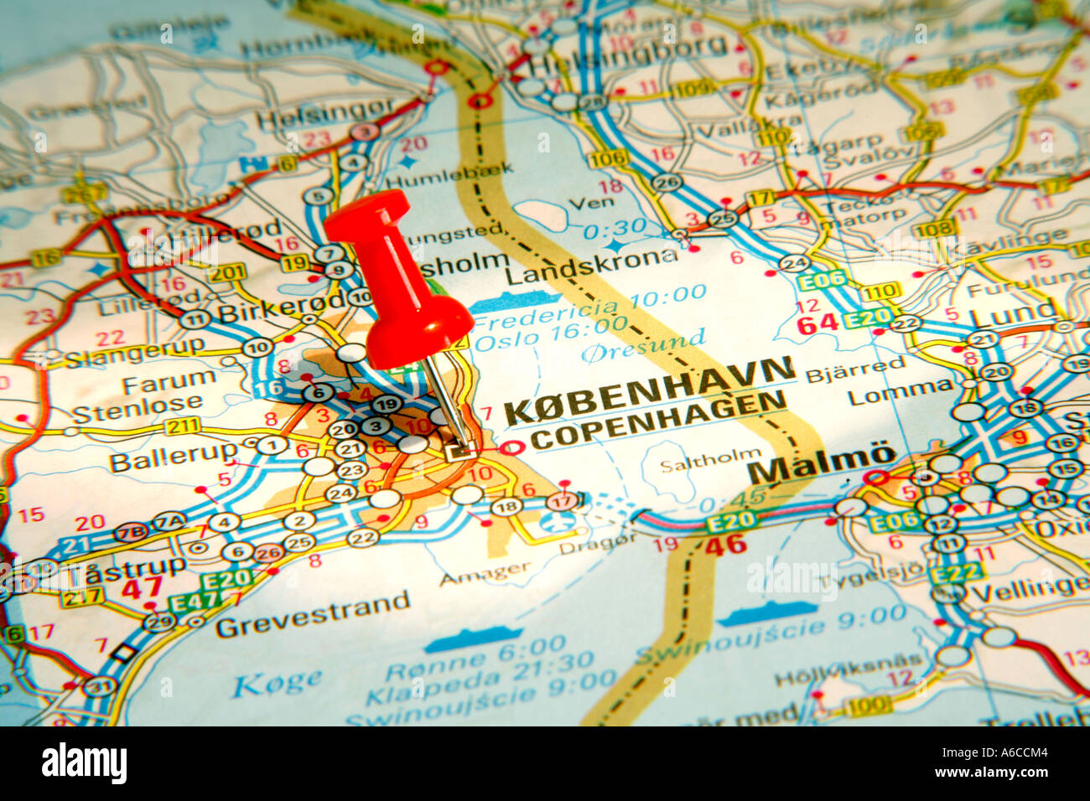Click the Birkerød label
[281, 307]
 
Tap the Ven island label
[590, 202]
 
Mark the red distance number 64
[816, 323]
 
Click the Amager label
[485, 573]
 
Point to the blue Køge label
[277, 682]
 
